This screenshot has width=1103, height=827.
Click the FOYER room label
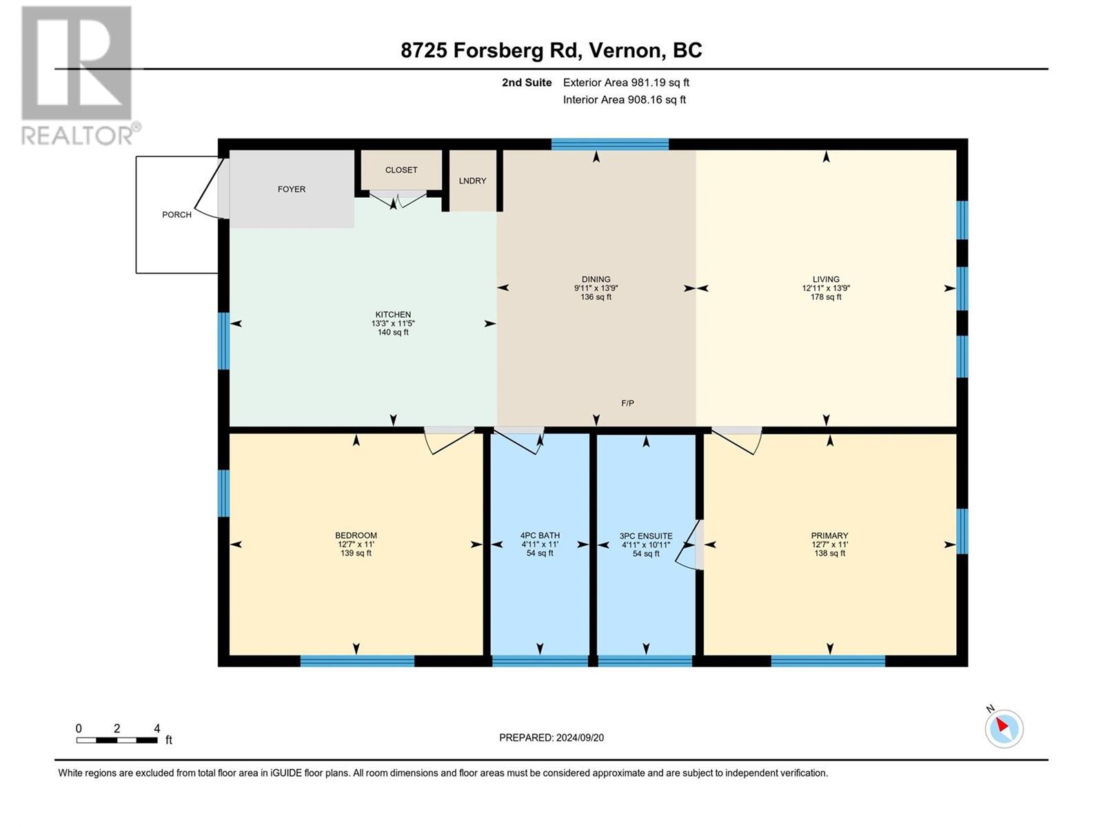point(292,190)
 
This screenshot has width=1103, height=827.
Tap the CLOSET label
point(401,170)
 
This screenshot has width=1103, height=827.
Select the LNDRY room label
point(472,181)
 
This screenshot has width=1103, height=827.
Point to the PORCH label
point(176,215)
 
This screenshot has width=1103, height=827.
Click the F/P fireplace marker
point(627,403)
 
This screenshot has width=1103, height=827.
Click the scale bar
point(117,740)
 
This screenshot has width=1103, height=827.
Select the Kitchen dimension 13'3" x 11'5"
point(393,324)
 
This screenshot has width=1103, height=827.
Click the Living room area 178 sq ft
point(826,297)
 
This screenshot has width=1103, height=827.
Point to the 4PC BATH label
point(540,535)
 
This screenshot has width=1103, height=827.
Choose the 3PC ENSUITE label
point(646,536)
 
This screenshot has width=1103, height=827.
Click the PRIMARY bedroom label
point(829,535)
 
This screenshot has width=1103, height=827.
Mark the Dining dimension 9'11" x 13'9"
point(596,289)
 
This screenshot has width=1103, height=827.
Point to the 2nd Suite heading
point(527,83)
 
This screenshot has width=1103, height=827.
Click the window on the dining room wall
point(610,145)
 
